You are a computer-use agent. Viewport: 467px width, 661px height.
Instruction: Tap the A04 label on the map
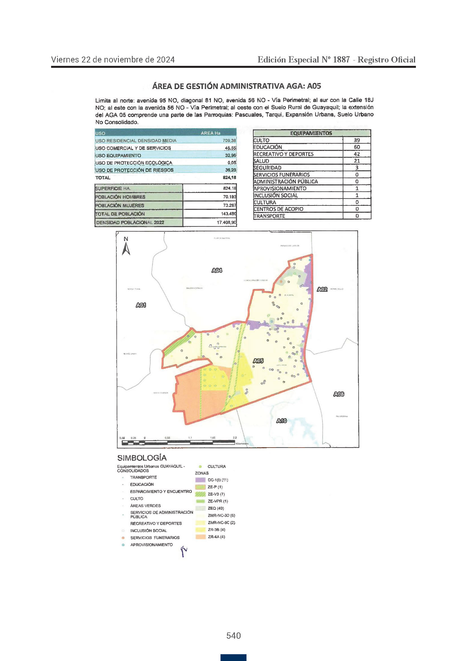click(x=217, y=270)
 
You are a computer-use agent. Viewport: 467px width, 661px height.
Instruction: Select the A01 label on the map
click(x=141, y=305)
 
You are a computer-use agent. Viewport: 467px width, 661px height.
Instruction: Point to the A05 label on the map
click(x=258, y=361)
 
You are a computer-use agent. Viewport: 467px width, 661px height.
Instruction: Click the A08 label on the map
click(x=339, y=394)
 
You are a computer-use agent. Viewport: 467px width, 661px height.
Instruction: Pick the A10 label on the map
click(x=281, y=421)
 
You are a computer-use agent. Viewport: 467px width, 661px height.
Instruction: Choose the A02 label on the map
click(x=322, y=289)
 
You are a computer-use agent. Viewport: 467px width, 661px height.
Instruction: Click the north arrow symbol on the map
click(x=126, y=248)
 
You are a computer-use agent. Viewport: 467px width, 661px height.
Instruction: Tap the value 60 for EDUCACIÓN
click(x=357, y=147)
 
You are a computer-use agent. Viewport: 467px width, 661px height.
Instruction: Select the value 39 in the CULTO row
click(x=357, y=140)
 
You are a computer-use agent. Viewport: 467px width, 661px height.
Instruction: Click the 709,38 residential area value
click(x=229, y=140)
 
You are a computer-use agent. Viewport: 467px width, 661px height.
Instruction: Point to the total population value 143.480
click(x=229, y=214)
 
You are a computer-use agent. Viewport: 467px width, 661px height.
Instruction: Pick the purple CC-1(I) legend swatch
click(x=200, y=480)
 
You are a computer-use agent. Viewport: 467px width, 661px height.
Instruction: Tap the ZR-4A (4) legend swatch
click(x=200, y=537)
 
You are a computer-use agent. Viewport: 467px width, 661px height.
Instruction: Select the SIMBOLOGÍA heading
click(x=142, y=458)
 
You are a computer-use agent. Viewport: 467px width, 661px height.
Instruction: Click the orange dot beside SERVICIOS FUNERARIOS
click(x=123, y=538)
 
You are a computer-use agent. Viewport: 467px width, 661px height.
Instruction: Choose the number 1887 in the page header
click(x=341, y=60)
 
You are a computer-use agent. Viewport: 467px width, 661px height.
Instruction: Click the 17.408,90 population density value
click(x=226, y=222)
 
